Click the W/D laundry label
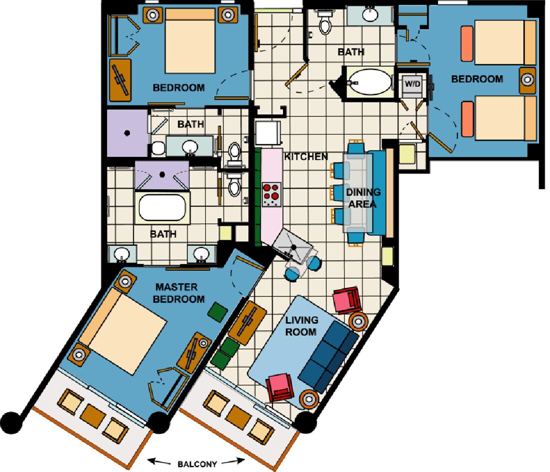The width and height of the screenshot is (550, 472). [x=412, y=84]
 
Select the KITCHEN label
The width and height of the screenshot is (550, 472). [x=305, y=157]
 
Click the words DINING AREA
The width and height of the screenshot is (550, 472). [x=363, y=198]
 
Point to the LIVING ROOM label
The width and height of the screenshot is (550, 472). [x=301, y=326]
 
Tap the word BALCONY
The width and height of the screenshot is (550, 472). [x=197, y=465]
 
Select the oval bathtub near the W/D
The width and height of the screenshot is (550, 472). [x=370, y=81]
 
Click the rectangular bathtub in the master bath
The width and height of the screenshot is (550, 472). [x=162, y=207]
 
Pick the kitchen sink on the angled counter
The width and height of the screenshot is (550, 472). [x=292, y=245]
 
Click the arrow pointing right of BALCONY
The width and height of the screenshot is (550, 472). [x=233, y=461]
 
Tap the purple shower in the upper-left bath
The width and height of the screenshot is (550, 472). [x=127, y=133]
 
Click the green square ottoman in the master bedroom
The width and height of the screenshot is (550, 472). [x=217, y=312]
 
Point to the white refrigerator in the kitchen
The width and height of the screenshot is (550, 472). [x=268, y=133]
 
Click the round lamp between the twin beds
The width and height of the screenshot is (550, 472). [x=527, y=80]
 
